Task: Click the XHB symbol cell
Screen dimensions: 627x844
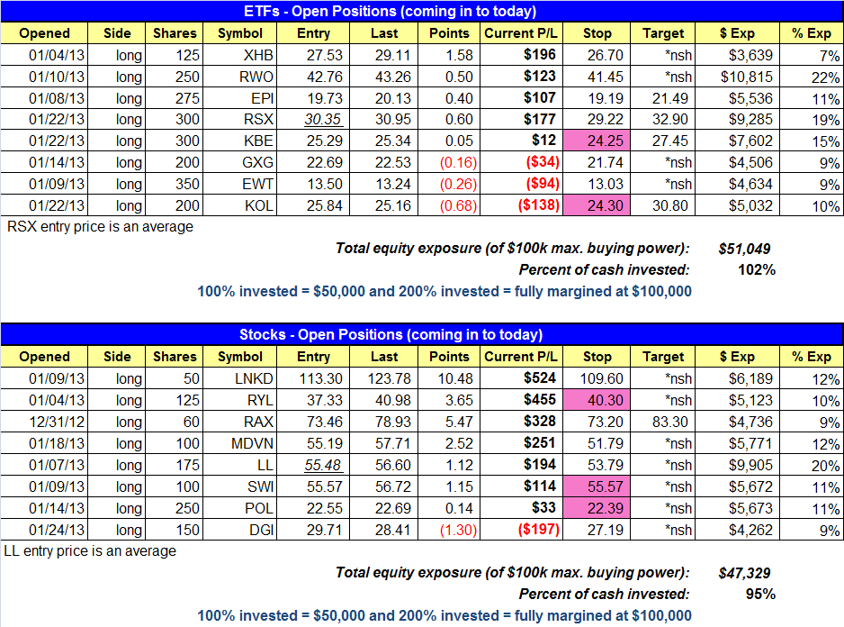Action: coord(240,55)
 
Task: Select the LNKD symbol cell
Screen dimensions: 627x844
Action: coord(240,378)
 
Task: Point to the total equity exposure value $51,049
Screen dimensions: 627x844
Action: coord(745,249)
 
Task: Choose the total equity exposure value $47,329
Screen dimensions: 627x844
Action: coord(745,572)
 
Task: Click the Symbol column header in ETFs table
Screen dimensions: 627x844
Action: coord(240,33)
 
